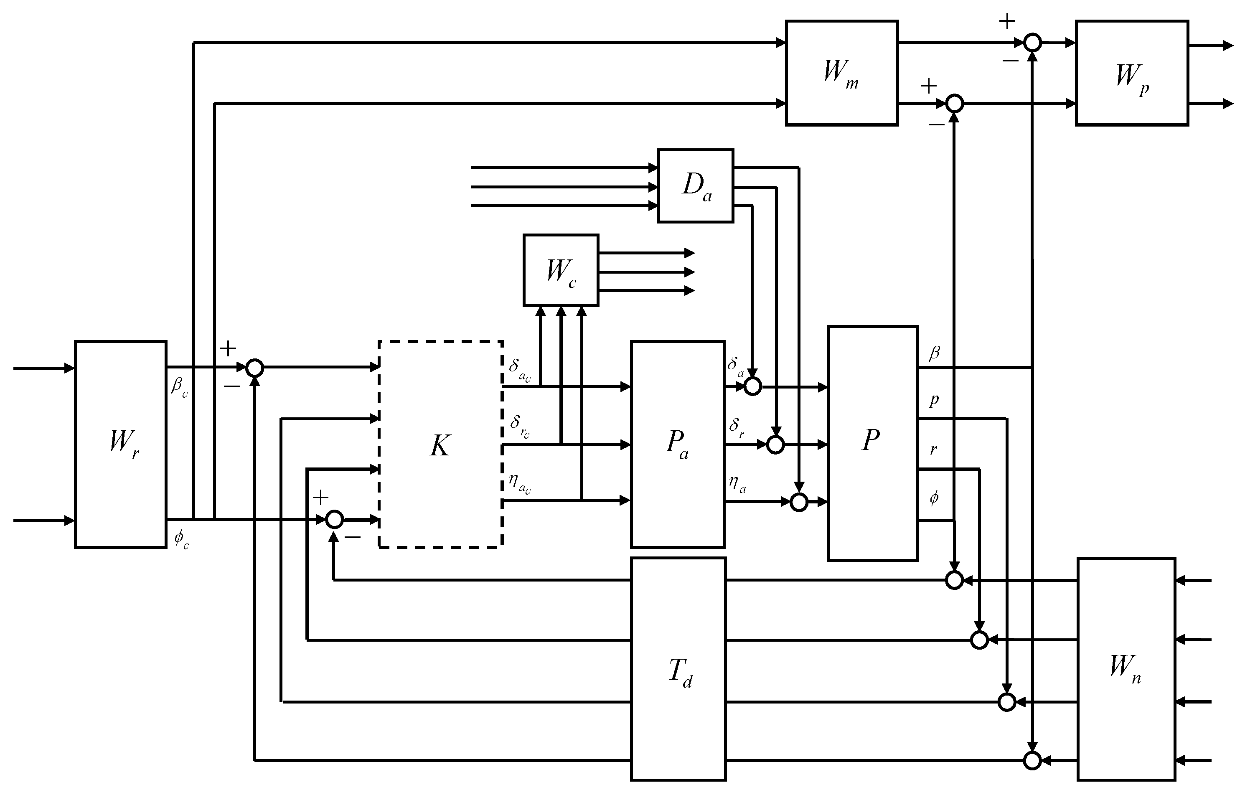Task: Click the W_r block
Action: click(120, 444)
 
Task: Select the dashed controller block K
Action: click(440, 444)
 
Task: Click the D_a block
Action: click(695, 185)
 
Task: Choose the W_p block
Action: click(1132, 73)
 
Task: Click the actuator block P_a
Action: click(677, 444)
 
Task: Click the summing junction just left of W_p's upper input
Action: click(1032, 43)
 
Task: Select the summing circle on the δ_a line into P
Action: click(752, 386)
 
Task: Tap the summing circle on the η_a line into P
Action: click(799, 501)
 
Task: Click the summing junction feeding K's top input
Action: click(254, 368)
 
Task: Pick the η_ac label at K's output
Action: click(519, 484)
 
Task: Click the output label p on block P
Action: click(934, 399)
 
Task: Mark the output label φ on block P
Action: click(934, 498)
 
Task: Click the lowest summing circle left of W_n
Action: click(1032, 760)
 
